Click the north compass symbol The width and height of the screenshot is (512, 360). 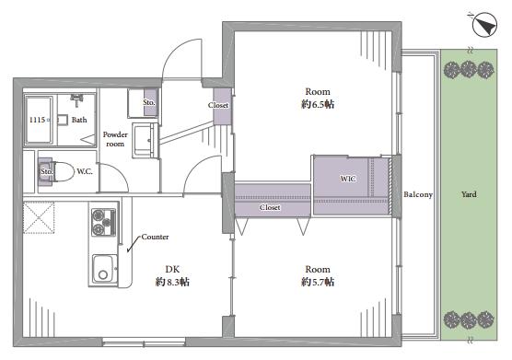[484, 25]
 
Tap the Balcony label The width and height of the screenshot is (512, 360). [418, 194]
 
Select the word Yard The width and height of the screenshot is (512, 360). [469, 194]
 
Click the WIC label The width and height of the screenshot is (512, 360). [348, 179]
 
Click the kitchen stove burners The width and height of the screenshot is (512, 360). [103, 222]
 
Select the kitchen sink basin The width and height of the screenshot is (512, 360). [104, 269]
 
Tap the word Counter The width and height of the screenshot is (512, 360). [155, 237]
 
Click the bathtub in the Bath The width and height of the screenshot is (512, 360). [40, 120]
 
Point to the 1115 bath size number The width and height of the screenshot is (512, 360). [37, 120]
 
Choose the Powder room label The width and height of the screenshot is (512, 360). [115, 139]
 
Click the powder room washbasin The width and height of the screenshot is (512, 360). [145, 141]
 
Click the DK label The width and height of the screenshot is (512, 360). [172, 269]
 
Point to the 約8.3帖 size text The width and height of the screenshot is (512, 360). [172, 282]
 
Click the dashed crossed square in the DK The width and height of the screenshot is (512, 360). [39, 217]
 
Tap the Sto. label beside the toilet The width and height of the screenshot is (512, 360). [46, 171]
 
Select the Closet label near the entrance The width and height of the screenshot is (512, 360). [218, 105]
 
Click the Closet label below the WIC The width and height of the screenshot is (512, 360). [270, 207]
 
